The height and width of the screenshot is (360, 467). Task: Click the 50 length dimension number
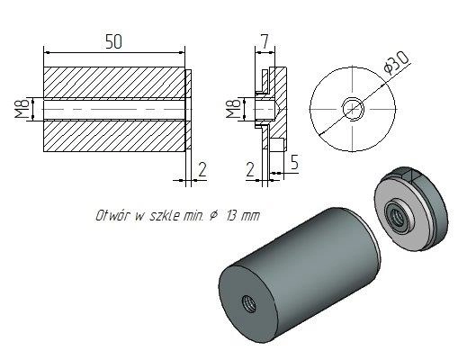pyautogui.click(x=114, y=41)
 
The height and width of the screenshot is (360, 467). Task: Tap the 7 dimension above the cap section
pyautogui.click(x=265, y=41)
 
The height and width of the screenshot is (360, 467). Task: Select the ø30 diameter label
pyautogui.click(x=397, y=63)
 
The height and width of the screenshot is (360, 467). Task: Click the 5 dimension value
pyautogui.click(x=294, y=162)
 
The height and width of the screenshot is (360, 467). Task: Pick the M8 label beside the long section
pyautogui.click(x=23, y=109)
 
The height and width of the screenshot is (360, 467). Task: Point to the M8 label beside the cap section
pyautogui.click(x=233, y=109)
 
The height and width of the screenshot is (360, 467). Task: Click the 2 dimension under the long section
pyautogui.click(x=202, y=169)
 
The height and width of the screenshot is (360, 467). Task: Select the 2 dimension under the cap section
pyautogui.click(x=250, y=169)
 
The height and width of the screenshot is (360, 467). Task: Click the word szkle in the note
pyautogui.click(x=165, y=215)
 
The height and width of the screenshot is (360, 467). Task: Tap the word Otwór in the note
pyautogui.click(x=112, y=215)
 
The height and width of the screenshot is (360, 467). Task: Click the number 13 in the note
pyautogui.click(x=231, y=215)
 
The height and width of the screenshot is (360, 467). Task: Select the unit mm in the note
pyautogui.click(x=250, y=216)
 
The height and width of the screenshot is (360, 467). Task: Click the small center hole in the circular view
pyautogui.click(x=353, y=109)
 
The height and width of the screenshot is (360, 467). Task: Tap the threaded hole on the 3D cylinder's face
pyautogui.click(x=248, y=303)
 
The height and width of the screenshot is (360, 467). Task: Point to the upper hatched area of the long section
pyautogui.click(x=114, y=82)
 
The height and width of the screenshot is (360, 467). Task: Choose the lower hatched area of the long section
pyautogui.click(x=114, y=136)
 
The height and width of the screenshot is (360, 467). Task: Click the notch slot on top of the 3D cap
pyautogui.click(x=409, y=175)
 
